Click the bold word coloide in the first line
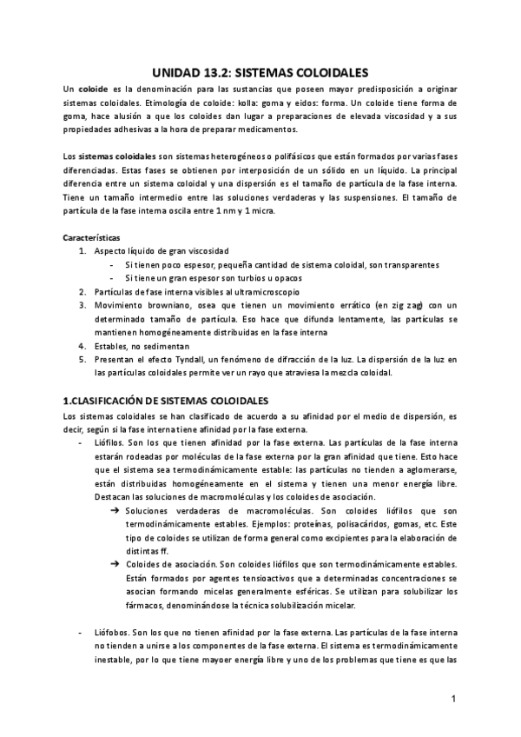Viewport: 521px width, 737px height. pos(94,91)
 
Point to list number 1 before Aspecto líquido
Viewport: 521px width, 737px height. pos(82,250)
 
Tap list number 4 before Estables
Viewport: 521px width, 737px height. pos(82,345)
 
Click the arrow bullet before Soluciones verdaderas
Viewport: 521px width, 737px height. pos(115,510)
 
